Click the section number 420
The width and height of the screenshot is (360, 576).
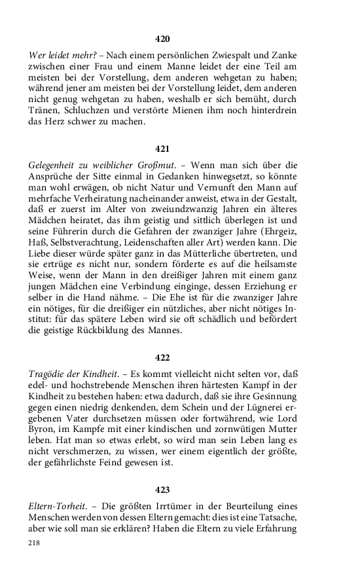coord(162,39)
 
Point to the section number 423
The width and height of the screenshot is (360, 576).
coord(162,489)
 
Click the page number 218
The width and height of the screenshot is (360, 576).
coord(34,543)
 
